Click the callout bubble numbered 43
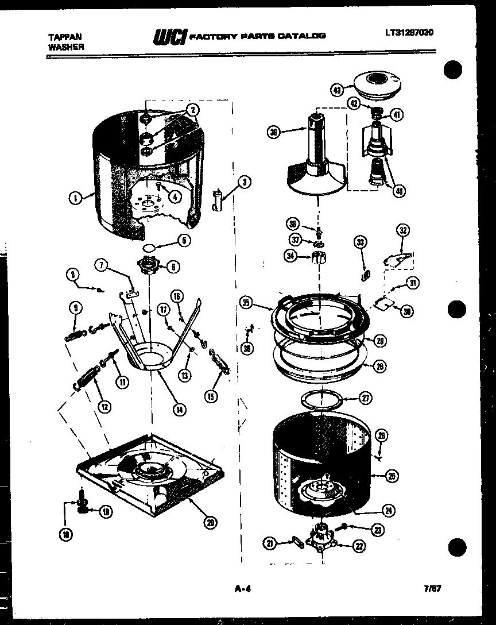point(337,90)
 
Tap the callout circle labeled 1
point(75,199)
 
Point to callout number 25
point(392,476)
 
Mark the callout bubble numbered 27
point(365,396)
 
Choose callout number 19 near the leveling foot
point(106,511)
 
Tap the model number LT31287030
point(409,32)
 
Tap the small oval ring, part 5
point(148,248)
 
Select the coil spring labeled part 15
point(220,363)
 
